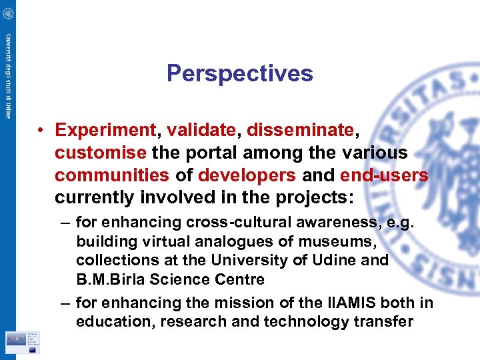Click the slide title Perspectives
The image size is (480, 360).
(x=239, y=73)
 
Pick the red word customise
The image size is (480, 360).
(x=101, y=153)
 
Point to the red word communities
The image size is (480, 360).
(x=112, y=175)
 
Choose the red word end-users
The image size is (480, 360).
(x=384, y=175)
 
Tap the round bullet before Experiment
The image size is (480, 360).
(x=41, y=129)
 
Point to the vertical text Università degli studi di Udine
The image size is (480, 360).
(x=8, y=75)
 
